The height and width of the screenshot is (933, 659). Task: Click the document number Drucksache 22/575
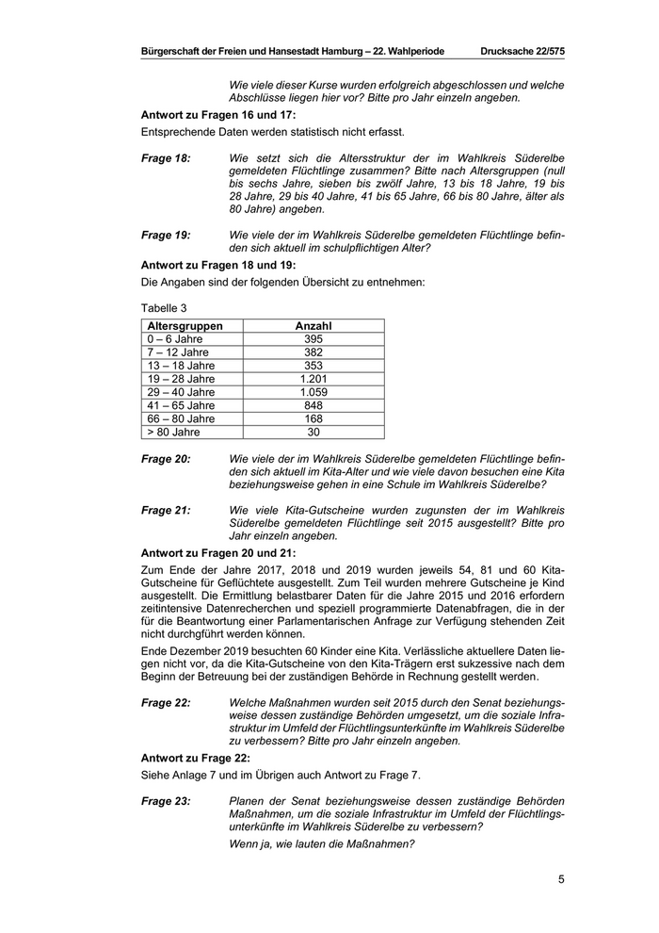click(x=522, y=51)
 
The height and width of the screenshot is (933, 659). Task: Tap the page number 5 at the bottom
click(x=561, y=880)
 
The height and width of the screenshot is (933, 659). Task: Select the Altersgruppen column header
click(x=185, y=326)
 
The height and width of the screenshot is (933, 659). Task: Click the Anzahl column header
click(x=313, y=326)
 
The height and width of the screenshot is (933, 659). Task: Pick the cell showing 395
click(x=313, y=339)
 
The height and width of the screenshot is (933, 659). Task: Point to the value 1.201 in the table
click(x=313, y=379)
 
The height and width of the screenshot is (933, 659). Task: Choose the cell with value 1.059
click(x=313, y=392)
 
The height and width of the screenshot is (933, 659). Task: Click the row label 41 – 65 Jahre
click(x=181, y=405)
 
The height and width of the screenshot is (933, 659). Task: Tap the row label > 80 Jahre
click(x=173, y=432)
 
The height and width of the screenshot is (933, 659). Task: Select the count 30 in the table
click(x=313, y=432)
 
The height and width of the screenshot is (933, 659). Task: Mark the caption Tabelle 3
click(x=164, y=307)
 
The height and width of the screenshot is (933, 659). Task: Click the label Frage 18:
click(x=166, y=158)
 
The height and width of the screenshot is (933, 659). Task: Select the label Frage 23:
click(x=166, y=800)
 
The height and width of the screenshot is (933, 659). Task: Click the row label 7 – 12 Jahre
click(x=178, y=352)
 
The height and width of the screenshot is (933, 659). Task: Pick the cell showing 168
click(x=313, y=418)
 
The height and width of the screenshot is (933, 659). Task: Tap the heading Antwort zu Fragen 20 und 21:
click(x=217, y=552)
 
